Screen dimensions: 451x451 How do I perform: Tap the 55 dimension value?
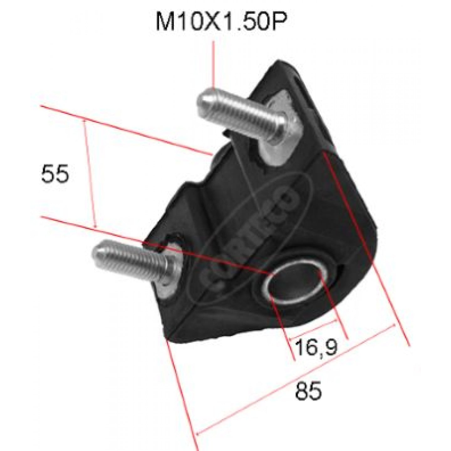(x=55, y=174)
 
